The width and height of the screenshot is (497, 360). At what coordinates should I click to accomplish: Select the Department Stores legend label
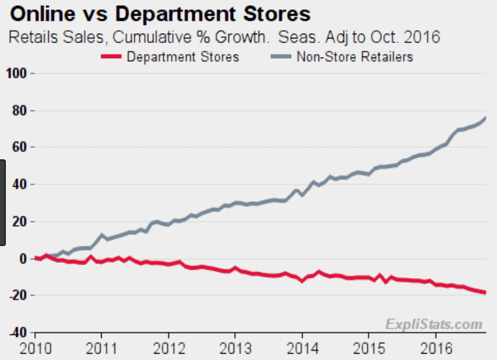(183, 56)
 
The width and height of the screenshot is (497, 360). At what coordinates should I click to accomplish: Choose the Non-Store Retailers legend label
(355, 56)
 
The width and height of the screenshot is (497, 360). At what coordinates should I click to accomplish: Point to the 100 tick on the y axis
(17, 73)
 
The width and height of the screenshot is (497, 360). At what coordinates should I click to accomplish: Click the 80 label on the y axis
(21, 111)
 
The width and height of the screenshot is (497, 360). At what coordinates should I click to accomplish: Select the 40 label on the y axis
(21, 184)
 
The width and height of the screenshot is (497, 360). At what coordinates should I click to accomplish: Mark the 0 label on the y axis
(24, 259)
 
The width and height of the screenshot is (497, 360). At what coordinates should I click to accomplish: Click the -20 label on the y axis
(19, 295)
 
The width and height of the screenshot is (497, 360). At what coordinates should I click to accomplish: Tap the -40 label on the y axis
(19, 333)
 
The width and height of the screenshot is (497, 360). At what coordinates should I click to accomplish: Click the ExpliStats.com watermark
(434, 323)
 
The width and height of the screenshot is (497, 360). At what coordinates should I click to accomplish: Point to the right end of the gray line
(485, 118)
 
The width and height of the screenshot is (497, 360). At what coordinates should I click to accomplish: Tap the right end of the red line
(485, 293)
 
